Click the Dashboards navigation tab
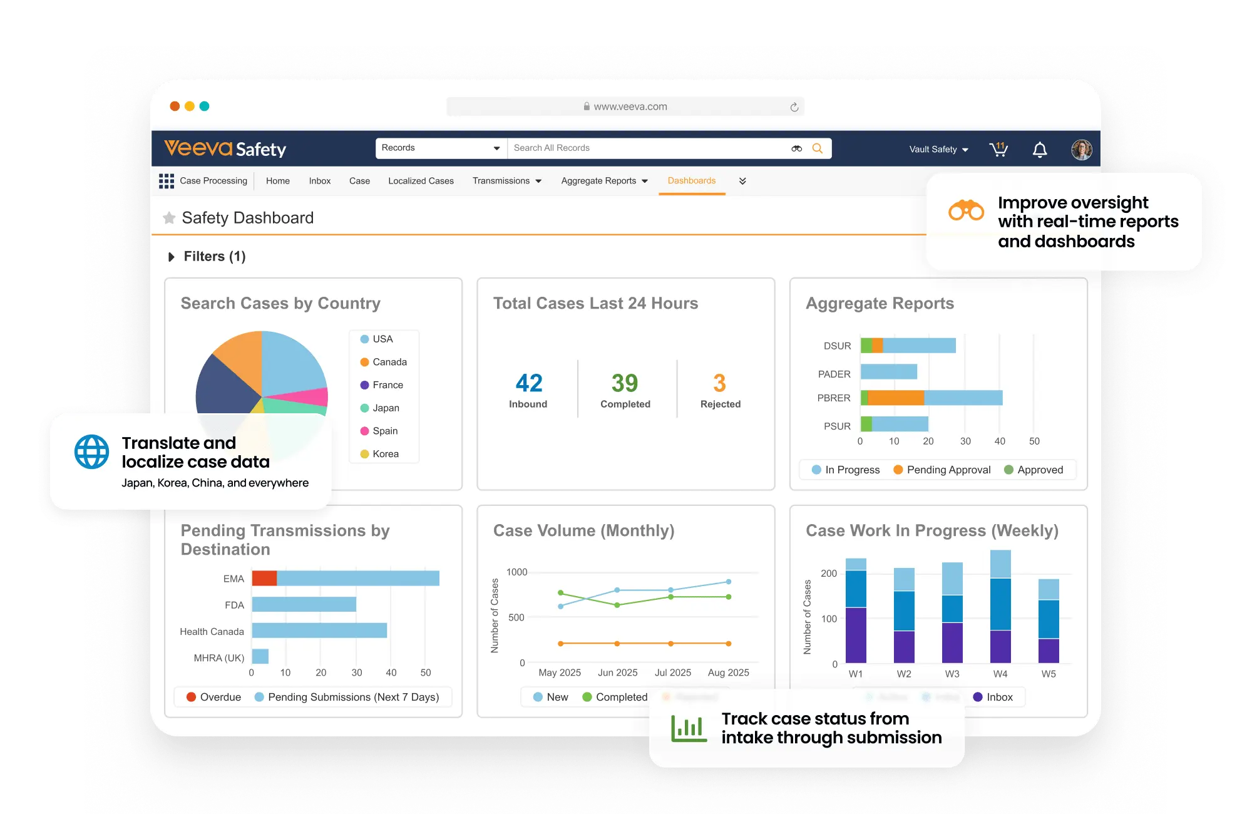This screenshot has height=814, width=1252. [x=691, y=181]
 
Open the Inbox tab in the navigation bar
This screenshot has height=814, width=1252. [x=319, y=181]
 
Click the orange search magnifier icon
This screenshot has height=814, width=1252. [x=818, y=148]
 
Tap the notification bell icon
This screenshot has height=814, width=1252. [x=1039, y=150]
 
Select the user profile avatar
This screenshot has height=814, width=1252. [x=1081, y=150]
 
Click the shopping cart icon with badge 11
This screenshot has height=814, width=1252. [x=998, y=149]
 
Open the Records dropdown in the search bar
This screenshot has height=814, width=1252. [x=441, y=148]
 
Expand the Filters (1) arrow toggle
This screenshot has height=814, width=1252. [x=171, y=257]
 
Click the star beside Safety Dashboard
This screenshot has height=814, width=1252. [x=169, y=218]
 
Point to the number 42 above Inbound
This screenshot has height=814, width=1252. [x=529, y=383]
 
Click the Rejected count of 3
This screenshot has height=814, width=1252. [x=719, y=383]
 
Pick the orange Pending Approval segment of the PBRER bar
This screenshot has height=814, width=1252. [x=896, y=398]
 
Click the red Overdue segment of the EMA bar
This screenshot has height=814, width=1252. [x=264, y=578]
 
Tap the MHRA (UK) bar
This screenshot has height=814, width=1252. [x=260, y=656]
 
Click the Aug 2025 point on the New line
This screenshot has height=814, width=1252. [x=729, y=582]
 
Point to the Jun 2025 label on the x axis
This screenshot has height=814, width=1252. [x=617, y=672]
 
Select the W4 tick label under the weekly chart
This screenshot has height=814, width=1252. [x=1000, y=674]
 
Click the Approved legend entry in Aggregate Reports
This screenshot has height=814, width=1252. [x=1034, y=470]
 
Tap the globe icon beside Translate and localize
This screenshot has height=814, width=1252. [x=91, y=451]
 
